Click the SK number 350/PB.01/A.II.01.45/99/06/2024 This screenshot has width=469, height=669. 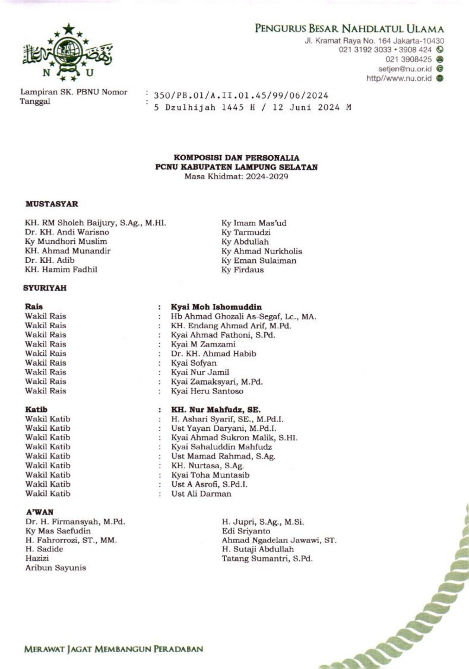tap(241, 95)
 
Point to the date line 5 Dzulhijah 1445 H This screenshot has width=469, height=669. tap(252, 107)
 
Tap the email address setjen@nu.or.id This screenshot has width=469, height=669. tap(404, 69)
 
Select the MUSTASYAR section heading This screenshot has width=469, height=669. tap(52, 204)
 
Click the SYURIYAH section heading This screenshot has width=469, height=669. tap(45, 288)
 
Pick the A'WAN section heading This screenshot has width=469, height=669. tap(39, 512)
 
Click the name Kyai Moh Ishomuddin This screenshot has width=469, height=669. tap(216, 307)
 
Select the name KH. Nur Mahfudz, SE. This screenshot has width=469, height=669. tap(216, 409)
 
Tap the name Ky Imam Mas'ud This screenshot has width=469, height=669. tap(254, 223)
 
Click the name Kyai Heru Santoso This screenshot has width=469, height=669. tap(207, 391)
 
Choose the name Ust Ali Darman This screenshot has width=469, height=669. tap(201, 494)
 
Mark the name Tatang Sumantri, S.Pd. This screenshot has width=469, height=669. tap(267, 559)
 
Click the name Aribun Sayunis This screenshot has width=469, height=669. tap(55, 568)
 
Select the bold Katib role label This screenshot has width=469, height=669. tap(36, 409)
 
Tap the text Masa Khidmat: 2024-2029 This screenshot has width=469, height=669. tap(236, 176)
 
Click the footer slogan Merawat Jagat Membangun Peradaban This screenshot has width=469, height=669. tap(114, 649)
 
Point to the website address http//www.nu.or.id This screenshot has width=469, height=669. tap(399, 78)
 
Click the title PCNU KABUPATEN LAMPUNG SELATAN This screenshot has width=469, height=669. tap(236, 167)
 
